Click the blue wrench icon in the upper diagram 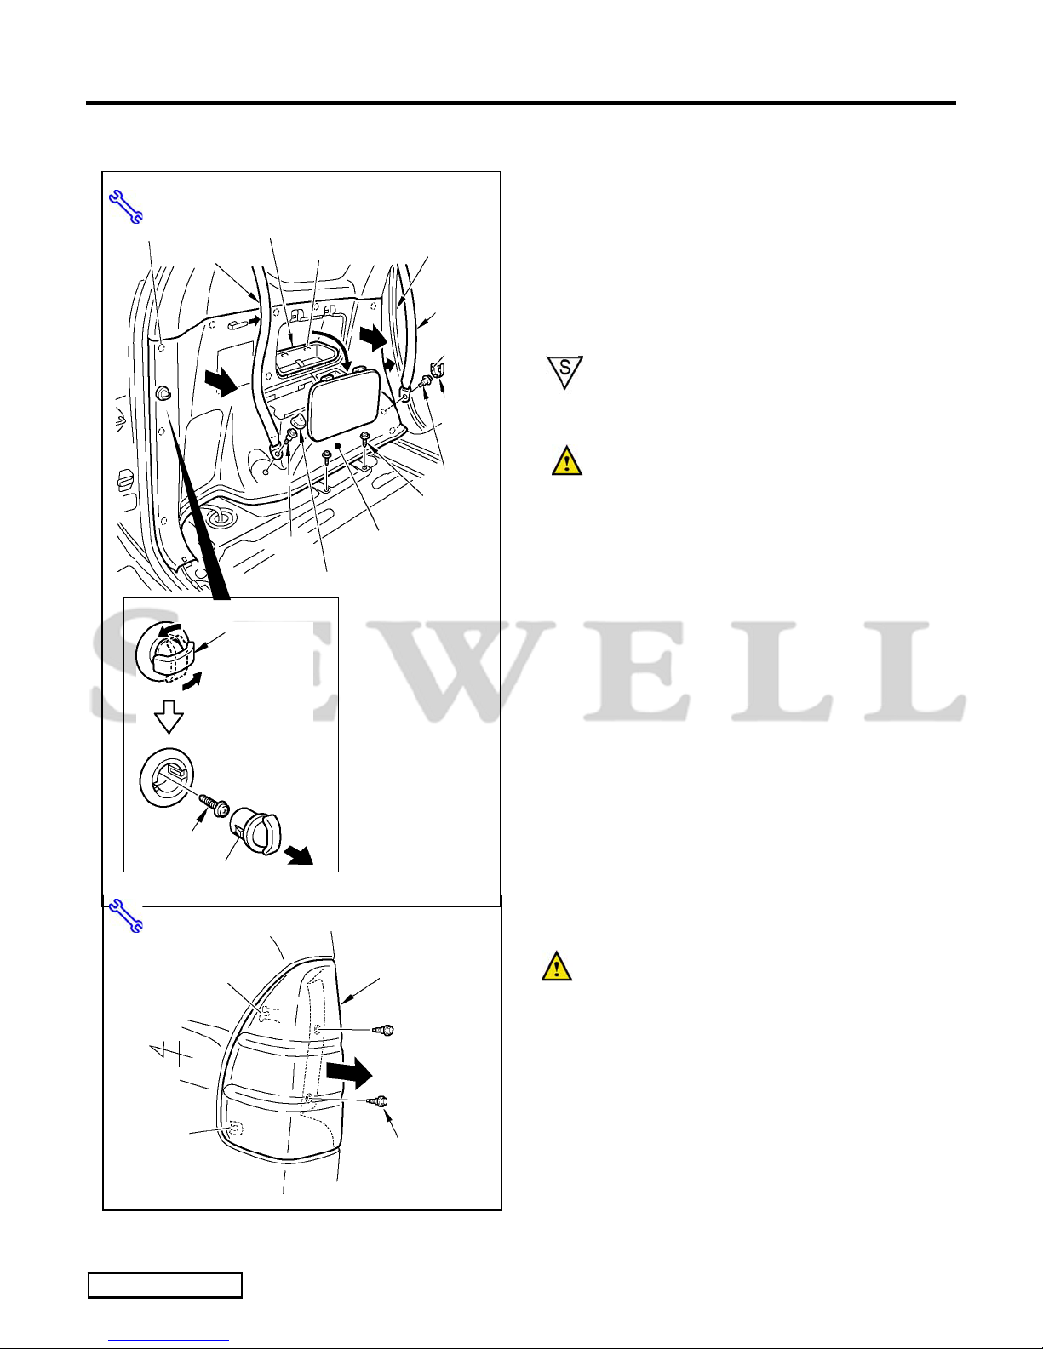126,207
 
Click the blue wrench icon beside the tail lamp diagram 126,917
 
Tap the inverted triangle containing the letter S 564,371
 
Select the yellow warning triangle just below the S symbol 567,462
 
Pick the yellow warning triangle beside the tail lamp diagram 556,966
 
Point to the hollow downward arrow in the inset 169,717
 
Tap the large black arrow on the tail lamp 349,1073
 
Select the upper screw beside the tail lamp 384,1031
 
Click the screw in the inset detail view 214,806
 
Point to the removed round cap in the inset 255,832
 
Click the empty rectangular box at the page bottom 165,1284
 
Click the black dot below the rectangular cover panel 338,446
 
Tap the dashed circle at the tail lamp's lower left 236,1128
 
